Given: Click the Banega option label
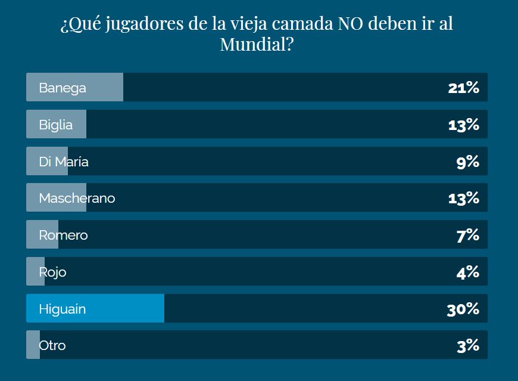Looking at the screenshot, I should click(x=63, y=88).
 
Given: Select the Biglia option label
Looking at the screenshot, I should click(x=56, y=125).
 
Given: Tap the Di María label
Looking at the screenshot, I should click(x=64, y=162).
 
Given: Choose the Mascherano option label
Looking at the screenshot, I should click(x=77, y=198).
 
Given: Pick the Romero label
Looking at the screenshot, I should click(x=63, y=235).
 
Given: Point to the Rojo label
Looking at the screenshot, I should click(x=52, y=272).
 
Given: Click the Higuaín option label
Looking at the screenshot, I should click(x=63, y=309).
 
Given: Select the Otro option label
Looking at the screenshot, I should click(x=52, y=345).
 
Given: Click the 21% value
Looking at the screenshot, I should click(x=463, y=88).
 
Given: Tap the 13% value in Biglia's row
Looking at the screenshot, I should click(x=463, y=125).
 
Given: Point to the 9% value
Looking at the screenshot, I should click(x=467, y=162).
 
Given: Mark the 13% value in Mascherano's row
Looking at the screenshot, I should click(x=463, y=198).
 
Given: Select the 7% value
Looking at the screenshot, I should click(x=467, y=235).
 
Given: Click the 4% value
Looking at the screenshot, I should click(x=467, y=272).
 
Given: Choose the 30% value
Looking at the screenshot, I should click(x=463, y=309).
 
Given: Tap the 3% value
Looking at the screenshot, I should click(x=467, y=345).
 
